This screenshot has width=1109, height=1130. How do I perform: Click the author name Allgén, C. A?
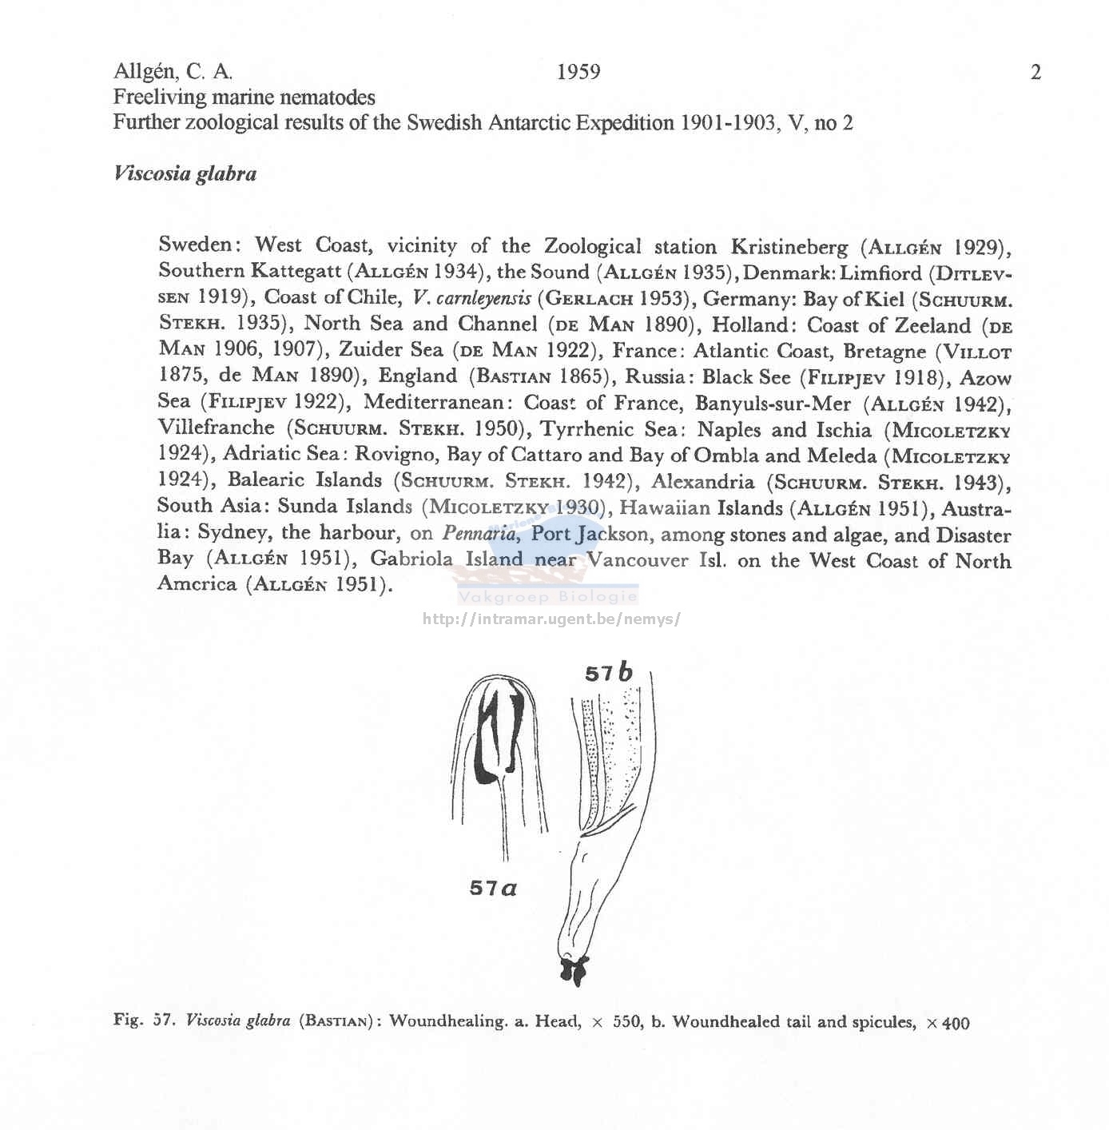pyautogui.click(x=173, y=72)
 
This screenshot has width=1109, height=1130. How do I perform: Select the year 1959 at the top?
pyautogui.click(x=578, y=72)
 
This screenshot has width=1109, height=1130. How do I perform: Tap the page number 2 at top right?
pyautogui.click(x=1035, y=73)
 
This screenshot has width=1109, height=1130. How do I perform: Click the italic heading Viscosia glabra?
pyautogui.click(x=185, y=173)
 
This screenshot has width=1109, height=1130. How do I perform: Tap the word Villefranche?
pyautogui.click(x=216, y=428)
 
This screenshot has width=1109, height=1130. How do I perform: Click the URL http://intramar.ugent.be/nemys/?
pyautogui.click(x=551, y=619)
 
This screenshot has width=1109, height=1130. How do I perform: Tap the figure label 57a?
pyautogui.click(x=493, y=887)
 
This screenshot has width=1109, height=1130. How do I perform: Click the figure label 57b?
pyautogui.click(x=608, y=673)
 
